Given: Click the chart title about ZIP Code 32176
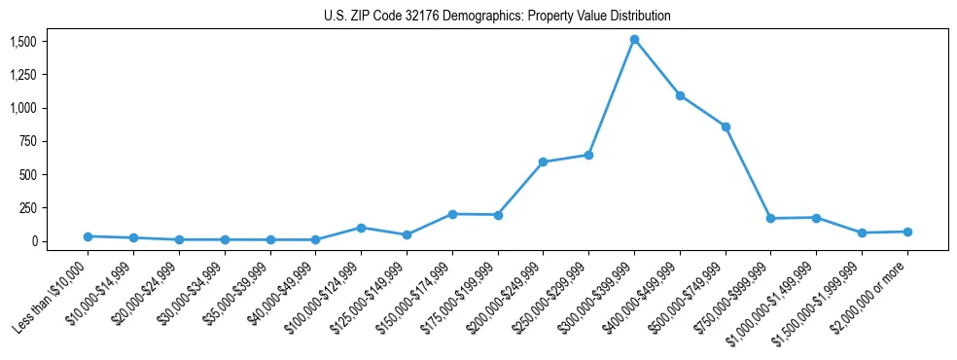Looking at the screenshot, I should pyautogui.click(x=497, y=17).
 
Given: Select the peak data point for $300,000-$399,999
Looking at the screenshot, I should pyautogui.click(x=634, y=40).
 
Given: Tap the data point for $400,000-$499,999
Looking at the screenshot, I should pyautogui.click(x=680, y=95).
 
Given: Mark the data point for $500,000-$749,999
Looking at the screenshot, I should pyautogui.click(x=726, y=126).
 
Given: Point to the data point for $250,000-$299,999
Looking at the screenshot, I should pyautogui.click(x=588, y=155).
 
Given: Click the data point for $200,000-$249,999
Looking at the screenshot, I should pyautogui.click(x=543, y=162).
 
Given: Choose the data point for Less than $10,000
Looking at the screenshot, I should pyautogui.click(x=88, y=236).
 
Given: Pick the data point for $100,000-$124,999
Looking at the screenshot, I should pyautogui.click(x=361, y=228).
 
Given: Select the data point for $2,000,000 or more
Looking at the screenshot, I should pyautogui.click(x=907, y=232).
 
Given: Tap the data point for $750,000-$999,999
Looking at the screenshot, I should pyautogui.click(x=770, y=218).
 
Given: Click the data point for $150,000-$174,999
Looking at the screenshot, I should pyautogui.click(x=452, y=214).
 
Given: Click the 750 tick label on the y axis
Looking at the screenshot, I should pyautogui.click(x=27, y=141).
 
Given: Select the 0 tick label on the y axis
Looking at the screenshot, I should pyautogui.click(x=32, y=241).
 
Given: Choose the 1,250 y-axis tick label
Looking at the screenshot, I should pyautogui.click(x=23, y=75).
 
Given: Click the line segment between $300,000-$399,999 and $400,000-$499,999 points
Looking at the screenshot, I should pyautogui.click(x=656, y=68).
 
